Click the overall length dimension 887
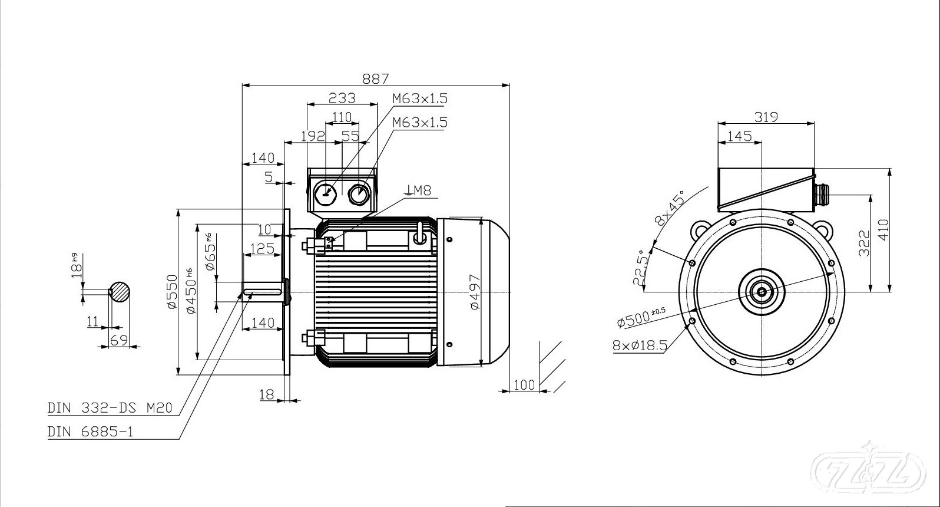[x=375, y=78]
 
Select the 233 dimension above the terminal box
[x=342, y=97]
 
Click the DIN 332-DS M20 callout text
[x=110, y=408]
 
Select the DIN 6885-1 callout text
[x=91, y=432]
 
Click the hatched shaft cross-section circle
[x=120, y=291]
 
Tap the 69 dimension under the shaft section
[x=119, y=340]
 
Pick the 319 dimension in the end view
[x=766, y=117]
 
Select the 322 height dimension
[x=864, y=243]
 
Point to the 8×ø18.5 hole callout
[x=640, y=345]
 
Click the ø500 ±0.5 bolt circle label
[x=641, y=317]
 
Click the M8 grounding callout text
[x=419, y=190]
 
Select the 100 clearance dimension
[x=524, y=385]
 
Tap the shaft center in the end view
[x=762, y=291]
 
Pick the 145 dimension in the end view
[x=739, y=136]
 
